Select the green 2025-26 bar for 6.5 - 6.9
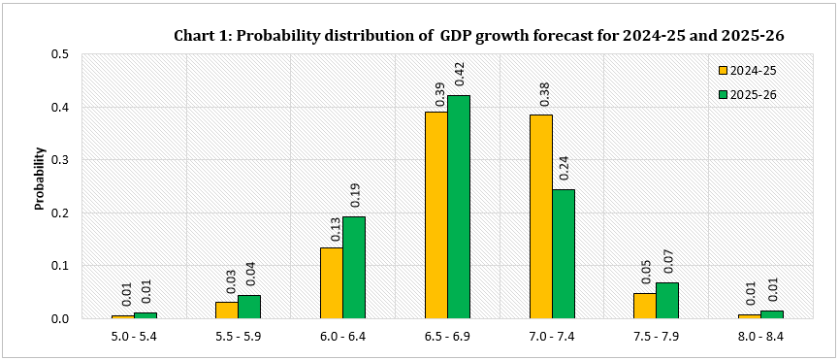coord(459,207)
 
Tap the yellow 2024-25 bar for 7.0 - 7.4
coord(540,216)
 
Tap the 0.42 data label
coord(459,74)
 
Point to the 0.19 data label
coord(354,195)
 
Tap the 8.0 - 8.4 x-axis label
coord(760,336)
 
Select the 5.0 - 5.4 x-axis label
coord(134,336)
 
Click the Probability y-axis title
coord(40,179)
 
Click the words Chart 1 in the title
coord(202,36)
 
